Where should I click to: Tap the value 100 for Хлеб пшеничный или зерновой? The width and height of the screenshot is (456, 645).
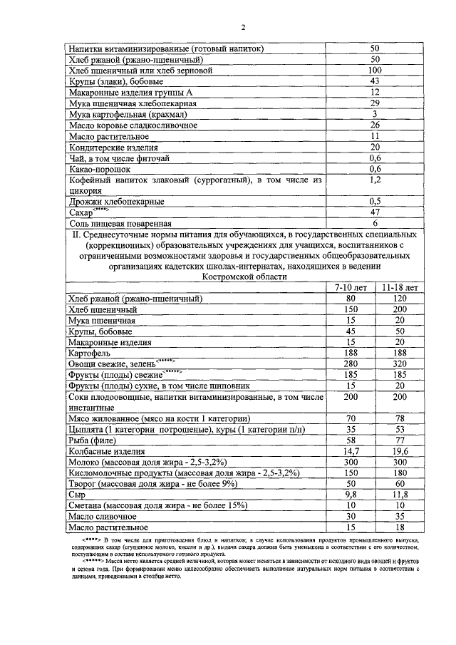pyautogui.click(x=375, y=71)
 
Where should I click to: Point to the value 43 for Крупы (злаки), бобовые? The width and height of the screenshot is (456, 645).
pyautogui.click(x=375, y=81)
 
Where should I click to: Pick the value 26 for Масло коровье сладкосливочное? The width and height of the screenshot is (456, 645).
pyautogui.click(x=375, y=125)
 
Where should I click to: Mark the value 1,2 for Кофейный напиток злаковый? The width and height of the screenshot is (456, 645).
pyautogui.click(x=375, y=180)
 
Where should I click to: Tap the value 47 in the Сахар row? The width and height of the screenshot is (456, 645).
pyautogui.click(x=375, y=212)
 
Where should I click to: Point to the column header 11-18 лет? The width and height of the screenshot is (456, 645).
pyautogui.click(x=400, y=287)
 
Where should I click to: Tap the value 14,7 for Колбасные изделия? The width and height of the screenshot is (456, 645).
pyautogui.click(x=350, y=450)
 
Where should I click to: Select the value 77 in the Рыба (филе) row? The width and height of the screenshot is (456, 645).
pyautogui.click(x=400, y=440)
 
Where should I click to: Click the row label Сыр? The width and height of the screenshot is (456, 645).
pyautogui.click(x=76, y=494)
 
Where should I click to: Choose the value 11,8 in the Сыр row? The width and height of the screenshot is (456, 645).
pyautogui.click(x=400, y=494)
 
